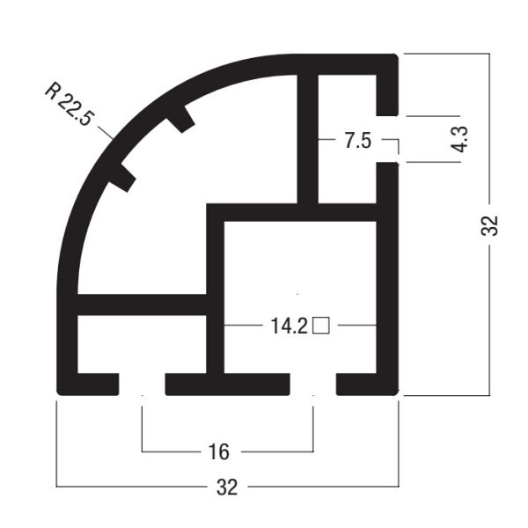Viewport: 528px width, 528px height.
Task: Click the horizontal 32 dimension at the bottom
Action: [227, 488]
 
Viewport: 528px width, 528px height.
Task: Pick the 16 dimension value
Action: [219, 452]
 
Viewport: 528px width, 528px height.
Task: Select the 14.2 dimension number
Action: [289, 326]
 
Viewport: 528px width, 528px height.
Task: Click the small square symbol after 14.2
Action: [321, 326]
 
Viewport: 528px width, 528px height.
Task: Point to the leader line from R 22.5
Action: [104, 132]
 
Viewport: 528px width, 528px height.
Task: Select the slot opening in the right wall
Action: [387, 140]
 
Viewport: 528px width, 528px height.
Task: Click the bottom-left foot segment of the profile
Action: [88, 385]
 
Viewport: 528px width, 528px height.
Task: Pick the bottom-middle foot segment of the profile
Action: [227, 385]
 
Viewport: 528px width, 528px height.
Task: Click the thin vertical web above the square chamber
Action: [308, 141]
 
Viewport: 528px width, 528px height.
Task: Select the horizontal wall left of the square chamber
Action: [141, 304]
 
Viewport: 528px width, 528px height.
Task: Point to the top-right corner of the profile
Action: [391, 62]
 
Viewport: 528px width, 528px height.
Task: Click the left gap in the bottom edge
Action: [142, 385]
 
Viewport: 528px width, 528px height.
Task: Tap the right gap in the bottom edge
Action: [313, 385]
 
